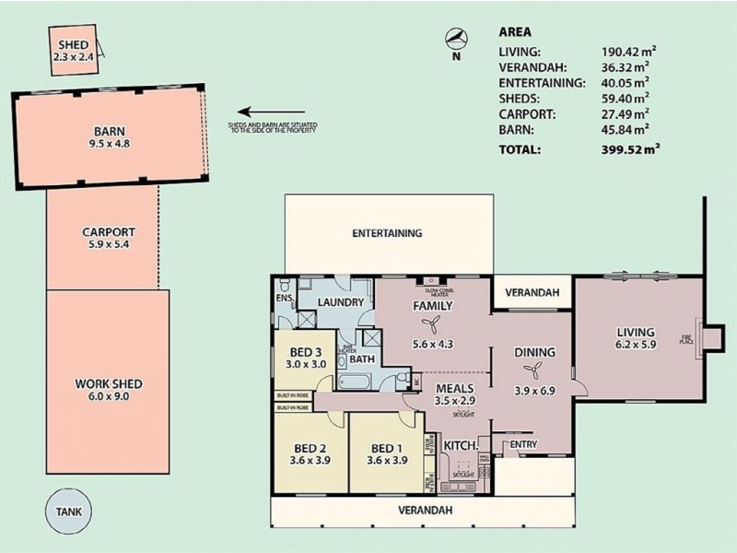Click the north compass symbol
[x=454, y=38]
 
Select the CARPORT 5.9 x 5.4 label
[x=109, y=239]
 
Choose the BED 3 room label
[x=305, y=357]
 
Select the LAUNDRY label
[x=340, y=303]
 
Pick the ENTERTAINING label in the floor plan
[x=387, y=233]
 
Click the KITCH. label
[x=460, y=446]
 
